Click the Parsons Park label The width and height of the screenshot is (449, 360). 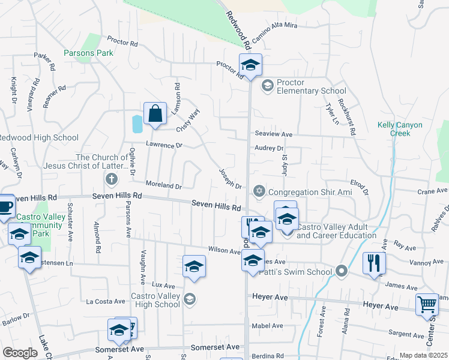(88, 53)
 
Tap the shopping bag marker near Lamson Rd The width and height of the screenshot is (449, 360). (155, 113)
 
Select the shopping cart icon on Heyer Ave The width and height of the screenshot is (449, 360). (427, 304)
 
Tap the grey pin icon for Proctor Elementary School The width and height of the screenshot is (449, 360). (267, 86)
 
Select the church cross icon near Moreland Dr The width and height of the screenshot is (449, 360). (110, 179)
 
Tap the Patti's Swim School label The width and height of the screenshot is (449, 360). (295, 272)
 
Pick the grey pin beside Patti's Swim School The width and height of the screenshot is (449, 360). (342, 272)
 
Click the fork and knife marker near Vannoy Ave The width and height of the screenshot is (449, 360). (374, 263)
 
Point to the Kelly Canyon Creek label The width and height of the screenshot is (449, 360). (400, 129)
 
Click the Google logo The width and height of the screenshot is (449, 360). (20, 353)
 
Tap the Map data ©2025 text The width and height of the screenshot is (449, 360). (423, 355)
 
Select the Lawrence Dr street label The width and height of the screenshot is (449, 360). (163, 145)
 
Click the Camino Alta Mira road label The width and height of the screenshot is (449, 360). (274, 32)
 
